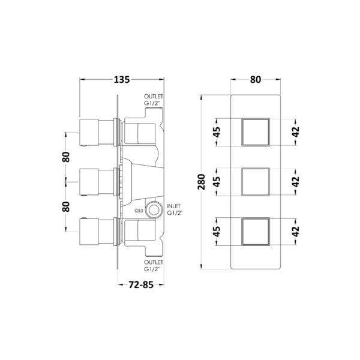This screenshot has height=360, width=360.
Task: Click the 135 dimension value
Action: pos(122,80)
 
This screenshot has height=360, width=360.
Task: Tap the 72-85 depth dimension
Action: pos(141,284)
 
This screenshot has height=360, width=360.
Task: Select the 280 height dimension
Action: pos(201,182)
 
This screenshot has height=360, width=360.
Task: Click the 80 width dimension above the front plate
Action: pos(256,80)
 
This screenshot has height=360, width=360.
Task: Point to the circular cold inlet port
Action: pos(154,210)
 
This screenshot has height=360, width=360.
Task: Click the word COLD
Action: pos(139,211)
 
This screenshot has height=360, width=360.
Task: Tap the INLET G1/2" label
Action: pos(175,209)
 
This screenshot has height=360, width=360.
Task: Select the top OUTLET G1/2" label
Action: pos(154,100)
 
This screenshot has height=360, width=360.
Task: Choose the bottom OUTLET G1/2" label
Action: pos(154,265)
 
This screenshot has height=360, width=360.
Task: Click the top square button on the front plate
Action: pos(256,132)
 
